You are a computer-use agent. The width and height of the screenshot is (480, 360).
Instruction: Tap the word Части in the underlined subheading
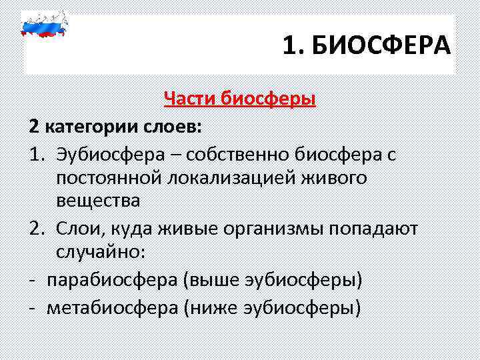pos(190,99)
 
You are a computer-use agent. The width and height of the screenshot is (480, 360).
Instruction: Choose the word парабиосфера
pos(113,279)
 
